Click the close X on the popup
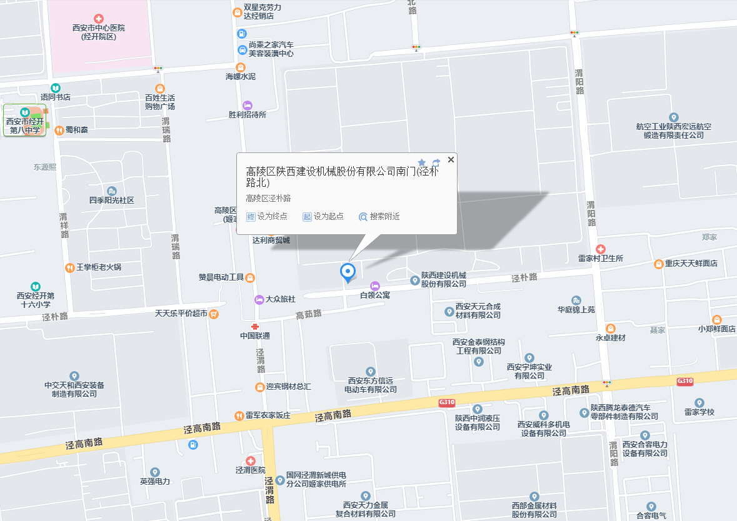[x=451, y=160]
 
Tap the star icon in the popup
[x=422, y=162]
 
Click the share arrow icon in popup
[x=436, y=162]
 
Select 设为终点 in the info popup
[x=268, y=217]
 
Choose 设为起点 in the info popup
[x=323, y=217]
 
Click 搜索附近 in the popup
[x=379, y=217]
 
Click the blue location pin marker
[x=348, y=272]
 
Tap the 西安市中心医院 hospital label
[x=99, y=32]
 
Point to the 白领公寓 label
[x=375, y=295]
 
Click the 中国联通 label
[x=255, y=335]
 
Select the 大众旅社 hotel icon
[x=259, y=299]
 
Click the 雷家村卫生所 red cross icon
[x=601, y=249]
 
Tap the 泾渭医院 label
[x=250, y=470]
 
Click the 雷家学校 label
[x=699, y=412]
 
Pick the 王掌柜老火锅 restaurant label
[x=99, y=267]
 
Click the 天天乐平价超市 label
[x=181, y=314]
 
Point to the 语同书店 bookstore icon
[x=56, y=88]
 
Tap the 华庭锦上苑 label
[x=576, y=309]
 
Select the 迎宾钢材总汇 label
[x=288, y=387]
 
